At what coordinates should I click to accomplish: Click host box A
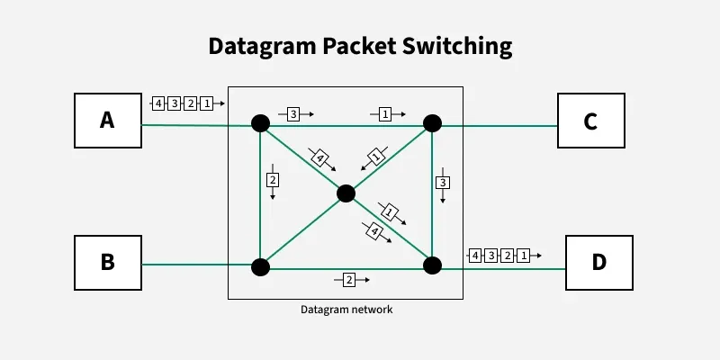pyautogui.click(x=107, y=120)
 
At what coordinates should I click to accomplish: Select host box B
pyautogui.click(x=107, y=263)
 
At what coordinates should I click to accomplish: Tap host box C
pyautogui.click(x=590, y=120)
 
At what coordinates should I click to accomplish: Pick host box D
pyautogui.click(x=598, y=263)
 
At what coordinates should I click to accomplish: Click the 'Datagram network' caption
pyautogui.click(x=346, y=310)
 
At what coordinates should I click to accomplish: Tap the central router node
pyautogui.click(x=346, y=193)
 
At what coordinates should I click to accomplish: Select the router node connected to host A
pyautogui.click(x=260, y=123)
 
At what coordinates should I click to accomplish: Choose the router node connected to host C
pyautogui.click(x=432, y=123)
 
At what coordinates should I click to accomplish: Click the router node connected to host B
pyautogui.click(x=260, y=266)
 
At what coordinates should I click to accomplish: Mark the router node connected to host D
pyautogui.click(x=432, y=265)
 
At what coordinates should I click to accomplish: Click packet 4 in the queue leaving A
pyautogui.click(x=157, y=103)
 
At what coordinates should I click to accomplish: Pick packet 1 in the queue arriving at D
pyautogui.click(x=523, y=256)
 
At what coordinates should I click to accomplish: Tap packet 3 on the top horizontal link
pyautogui.click(x=293, y=114)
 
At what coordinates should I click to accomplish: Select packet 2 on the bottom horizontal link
pyautogui.click(x=349, y=280)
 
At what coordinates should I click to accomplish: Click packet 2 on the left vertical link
pyautogui.click(x=273, y=180)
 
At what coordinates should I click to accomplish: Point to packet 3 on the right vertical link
pyautogui.click(x=442, y=183)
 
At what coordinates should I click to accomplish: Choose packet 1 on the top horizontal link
pyautogui.click(x=385, y=114)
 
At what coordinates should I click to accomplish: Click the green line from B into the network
pyautogui.click(x=198, y=265)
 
